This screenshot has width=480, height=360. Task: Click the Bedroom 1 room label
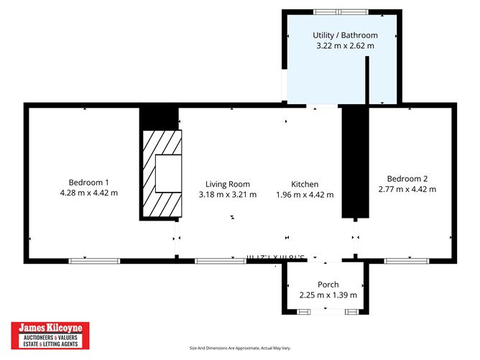[88, 182]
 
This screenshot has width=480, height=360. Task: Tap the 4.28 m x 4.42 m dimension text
[88, 193]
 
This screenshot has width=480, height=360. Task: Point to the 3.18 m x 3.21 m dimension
[227, 195]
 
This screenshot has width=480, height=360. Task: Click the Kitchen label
[305, 184]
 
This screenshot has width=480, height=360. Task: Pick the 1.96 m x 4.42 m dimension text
[305, 195]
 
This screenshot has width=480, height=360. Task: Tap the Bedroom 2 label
[407, 179]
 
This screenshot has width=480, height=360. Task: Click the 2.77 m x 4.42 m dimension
[407, 190]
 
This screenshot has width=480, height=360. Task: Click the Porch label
[328, 285]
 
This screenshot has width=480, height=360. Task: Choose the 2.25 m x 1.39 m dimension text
[328, 295]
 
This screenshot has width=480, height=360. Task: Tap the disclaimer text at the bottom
[240, 349]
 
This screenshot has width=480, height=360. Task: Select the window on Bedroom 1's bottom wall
[89, 260]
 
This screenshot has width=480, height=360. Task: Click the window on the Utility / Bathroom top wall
[341, 11]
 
